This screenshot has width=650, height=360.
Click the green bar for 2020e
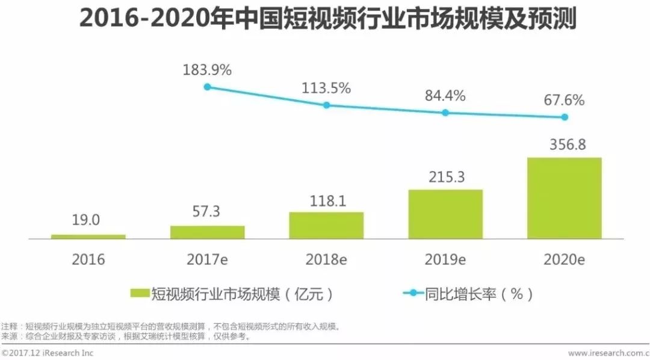point(565,198)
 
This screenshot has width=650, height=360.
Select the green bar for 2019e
point(445,214)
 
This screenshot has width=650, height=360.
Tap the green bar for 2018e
point(326,225)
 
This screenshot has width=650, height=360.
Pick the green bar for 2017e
point(208,232)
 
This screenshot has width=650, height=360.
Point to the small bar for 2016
point(88,237)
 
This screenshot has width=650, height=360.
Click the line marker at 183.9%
point(208,87)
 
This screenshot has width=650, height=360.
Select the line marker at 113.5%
point(326,105)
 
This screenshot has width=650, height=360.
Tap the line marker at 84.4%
point(445,113)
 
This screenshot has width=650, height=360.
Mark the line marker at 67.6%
point(565,117)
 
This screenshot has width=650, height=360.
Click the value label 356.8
point(565,145)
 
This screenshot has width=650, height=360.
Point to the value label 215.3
point(445,177)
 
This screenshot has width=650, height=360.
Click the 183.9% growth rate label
point(208,70)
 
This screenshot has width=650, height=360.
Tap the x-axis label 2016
point(88,259)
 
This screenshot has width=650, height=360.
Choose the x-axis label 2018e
point(326,259)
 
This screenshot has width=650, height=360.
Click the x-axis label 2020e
point(565,259)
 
